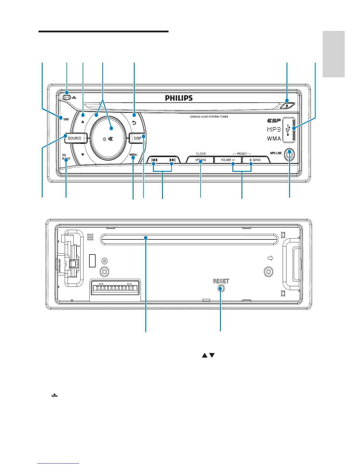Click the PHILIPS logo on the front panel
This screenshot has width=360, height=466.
point(179,98)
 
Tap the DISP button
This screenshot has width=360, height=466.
point(137,138)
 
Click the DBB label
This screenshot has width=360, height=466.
point(66,119)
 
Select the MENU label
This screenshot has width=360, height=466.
point(133,155)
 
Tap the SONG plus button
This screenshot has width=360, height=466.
point(255,160)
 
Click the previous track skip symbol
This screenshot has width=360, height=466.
point(154,160)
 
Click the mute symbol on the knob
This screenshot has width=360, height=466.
point(111,139)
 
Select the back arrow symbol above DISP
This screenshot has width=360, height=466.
point(134,123)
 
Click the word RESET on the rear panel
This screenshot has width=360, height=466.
point(221,281)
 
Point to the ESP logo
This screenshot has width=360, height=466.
point(274,121)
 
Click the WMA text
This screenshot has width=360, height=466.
point(274,139)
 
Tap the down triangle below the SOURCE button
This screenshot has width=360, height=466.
point(83,154)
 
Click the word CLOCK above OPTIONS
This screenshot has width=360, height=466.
point(201,154)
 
